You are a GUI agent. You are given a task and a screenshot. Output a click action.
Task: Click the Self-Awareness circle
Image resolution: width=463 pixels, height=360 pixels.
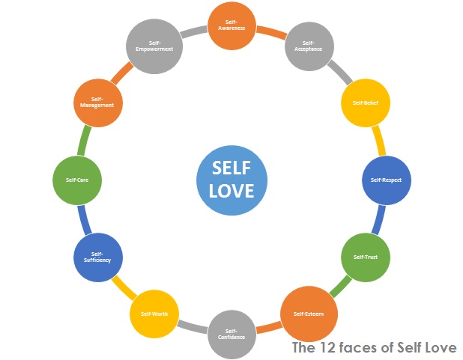231,25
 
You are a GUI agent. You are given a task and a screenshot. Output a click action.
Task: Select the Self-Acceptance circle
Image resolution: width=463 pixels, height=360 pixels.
309,47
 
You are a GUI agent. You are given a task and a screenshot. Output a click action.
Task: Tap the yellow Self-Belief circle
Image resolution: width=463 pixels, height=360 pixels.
365,103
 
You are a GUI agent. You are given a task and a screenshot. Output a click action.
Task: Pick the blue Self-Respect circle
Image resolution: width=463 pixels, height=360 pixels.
387,180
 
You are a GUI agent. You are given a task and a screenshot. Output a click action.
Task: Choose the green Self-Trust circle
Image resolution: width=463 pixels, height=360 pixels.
365,257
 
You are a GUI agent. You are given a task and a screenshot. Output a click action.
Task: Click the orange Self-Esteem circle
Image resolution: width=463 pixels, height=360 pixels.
308,313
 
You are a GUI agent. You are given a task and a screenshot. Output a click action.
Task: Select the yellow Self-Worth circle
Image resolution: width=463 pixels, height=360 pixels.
154,313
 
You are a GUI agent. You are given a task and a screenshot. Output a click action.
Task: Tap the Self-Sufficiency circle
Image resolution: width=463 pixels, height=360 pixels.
97,257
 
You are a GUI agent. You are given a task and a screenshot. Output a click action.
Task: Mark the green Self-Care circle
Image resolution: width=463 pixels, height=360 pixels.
77,180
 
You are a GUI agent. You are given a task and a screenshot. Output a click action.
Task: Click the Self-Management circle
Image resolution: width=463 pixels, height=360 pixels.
97,103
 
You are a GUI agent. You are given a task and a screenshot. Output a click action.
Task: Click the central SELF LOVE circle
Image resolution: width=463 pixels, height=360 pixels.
231,180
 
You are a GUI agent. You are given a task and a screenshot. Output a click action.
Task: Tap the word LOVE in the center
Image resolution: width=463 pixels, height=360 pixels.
231,190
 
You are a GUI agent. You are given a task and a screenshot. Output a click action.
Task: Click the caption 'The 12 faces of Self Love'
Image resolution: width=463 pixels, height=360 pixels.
374,347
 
